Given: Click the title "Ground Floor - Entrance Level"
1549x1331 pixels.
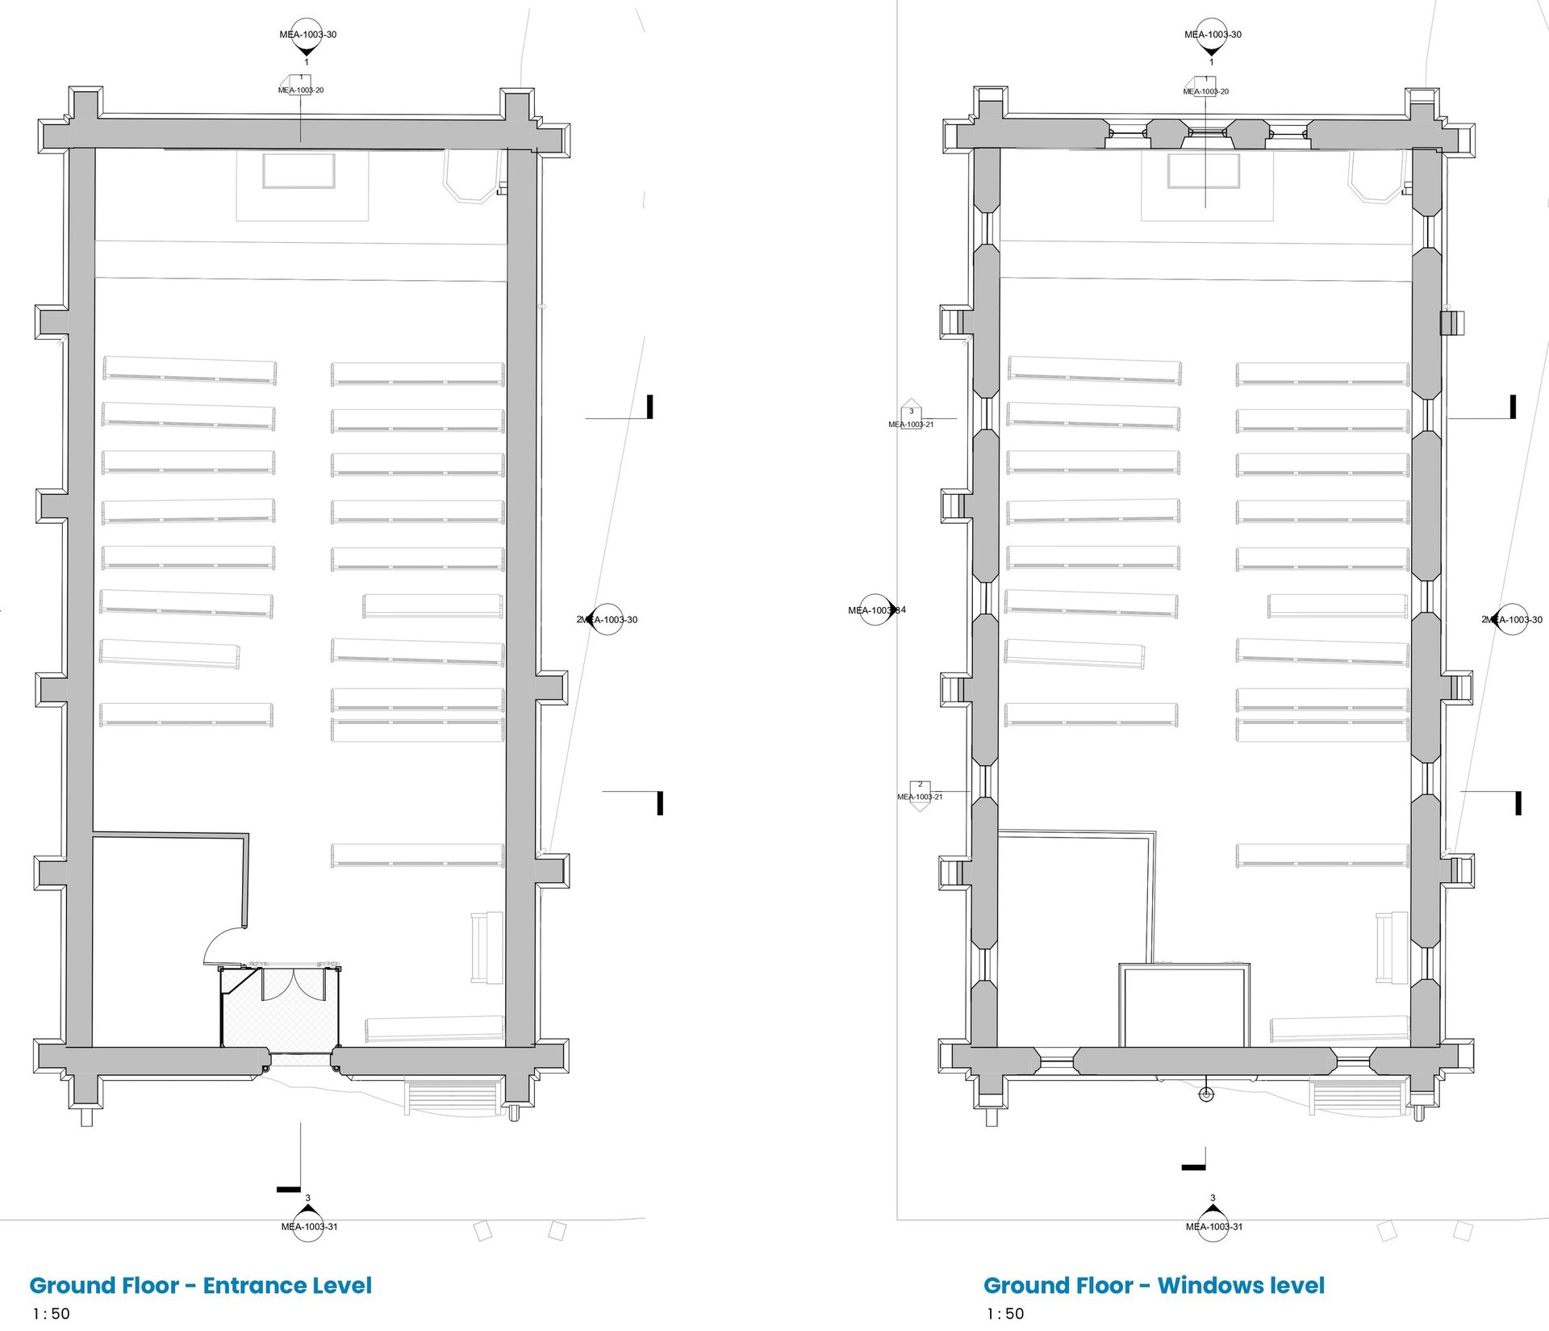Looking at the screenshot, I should coord(201,1285).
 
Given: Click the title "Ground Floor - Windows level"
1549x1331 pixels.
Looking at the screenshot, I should coord(1154,1285).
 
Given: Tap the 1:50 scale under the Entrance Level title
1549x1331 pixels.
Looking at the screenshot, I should coord(51,1313).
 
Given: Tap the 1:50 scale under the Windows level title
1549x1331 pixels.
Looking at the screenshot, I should coord(1004,1313).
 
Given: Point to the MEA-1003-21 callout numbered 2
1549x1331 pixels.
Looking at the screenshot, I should coord(920,790).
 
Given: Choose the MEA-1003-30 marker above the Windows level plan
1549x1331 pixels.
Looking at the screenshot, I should coord(1213,35).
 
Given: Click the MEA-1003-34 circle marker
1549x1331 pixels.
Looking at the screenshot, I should coord(877,610).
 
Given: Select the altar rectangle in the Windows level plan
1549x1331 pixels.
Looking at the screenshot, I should coord(1204,171).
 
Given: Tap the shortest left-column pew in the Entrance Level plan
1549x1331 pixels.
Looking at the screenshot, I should coord(170,653).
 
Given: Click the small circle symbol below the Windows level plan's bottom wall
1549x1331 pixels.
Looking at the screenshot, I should coord(1206,1095).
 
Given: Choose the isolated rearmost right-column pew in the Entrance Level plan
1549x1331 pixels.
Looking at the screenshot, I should coord(417,856).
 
